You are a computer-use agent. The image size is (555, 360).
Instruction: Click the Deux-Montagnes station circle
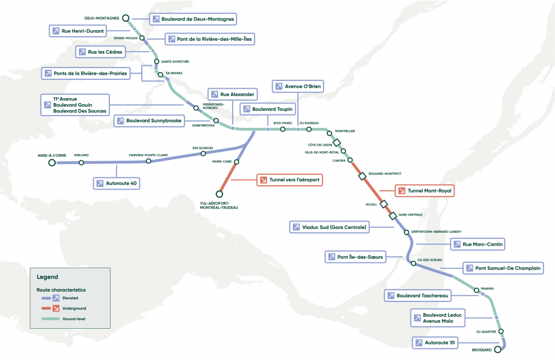tap(126, 18)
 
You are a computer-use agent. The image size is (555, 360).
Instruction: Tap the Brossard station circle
tap(500, 349)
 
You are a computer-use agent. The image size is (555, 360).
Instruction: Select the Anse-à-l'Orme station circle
tap(52, 162)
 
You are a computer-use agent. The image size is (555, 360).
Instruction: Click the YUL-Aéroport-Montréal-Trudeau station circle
tap(219, 194)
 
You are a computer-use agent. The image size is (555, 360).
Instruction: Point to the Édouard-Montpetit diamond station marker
tap(362, 176)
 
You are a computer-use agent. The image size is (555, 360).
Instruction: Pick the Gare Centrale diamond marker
tap(393, 215)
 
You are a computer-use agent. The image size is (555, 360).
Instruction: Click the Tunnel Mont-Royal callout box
tap(424, 191)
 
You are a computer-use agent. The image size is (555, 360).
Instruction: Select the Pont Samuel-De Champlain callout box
tap(502, 268)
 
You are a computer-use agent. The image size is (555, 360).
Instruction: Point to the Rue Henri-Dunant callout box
tap(77, 31)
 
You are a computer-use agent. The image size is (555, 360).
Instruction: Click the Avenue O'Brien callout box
tap(298, 87)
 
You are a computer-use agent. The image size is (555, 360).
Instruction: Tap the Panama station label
tap(487, 289)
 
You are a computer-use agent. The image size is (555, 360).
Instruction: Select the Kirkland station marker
tap(81, 162)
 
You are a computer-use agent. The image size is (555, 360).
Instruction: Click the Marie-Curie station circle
tap(237, 162)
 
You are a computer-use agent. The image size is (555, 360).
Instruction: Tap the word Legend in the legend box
tap(47, 277)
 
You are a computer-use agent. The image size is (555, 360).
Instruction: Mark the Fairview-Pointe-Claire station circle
tap(148, 161)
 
